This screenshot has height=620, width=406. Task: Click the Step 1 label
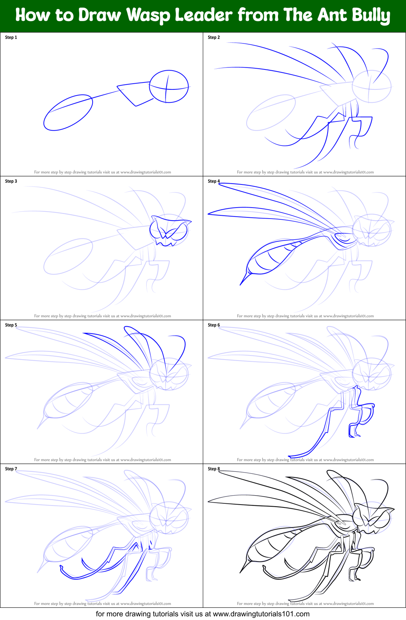click(11, 37)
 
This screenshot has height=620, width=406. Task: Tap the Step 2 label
click(214, 37)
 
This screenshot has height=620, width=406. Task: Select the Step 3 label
click(11, 181)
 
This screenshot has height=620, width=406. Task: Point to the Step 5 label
click(11, 325)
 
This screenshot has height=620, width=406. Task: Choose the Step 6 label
click(214, 325)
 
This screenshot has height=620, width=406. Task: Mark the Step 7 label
click(11, 469)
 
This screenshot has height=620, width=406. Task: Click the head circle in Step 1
click(169, 86)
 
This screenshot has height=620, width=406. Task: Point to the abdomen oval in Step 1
click(68, 113)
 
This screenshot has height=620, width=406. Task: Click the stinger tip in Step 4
click(241, 284)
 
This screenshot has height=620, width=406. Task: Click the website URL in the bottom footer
click(261, 614)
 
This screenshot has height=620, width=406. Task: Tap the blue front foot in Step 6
click(354, 435)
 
